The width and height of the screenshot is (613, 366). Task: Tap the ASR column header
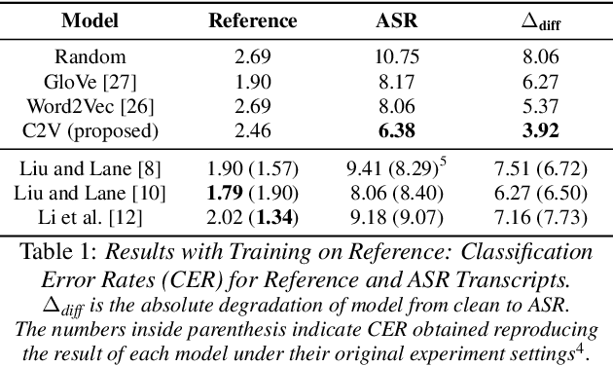click(399, 19)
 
